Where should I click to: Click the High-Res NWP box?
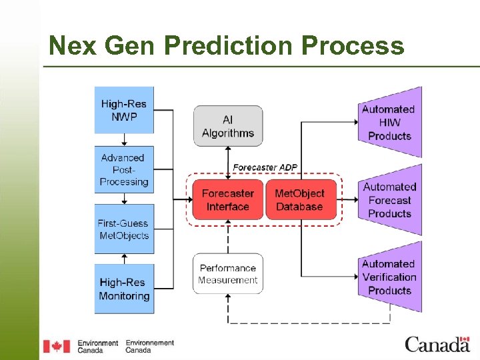[x=124, y=110]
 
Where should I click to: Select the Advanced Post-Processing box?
[x=124, y=169]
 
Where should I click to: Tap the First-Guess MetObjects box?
[x=124, y=229]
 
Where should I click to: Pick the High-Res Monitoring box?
[x=124, y=289]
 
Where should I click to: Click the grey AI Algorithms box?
[x=228, y=126]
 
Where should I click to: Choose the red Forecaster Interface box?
[x=228, y=199]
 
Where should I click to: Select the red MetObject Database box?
[x=299, y=199]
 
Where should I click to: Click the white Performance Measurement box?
[x=228, y=273]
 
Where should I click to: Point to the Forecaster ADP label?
[x=265, y=167]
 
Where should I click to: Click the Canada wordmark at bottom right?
[x=437, y=344]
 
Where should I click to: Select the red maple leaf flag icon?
[x=57, y=346]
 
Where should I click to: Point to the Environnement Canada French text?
[x=149, y=346]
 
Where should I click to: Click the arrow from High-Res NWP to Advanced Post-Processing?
[x=124, y=140]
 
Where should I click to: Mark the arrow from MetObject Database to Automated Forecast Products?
[x=347, y=199]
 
